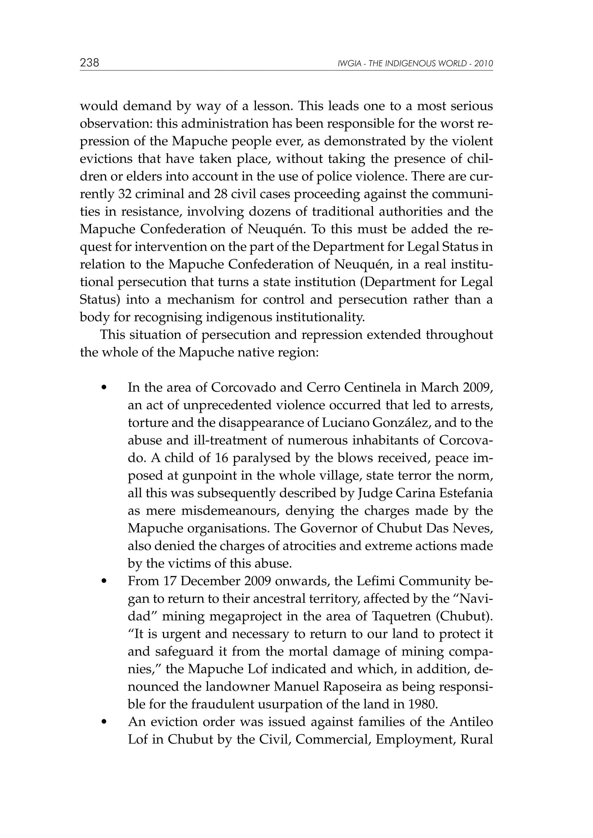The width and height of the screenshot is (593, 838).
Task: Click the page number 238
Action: click(x=89, y=63)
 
